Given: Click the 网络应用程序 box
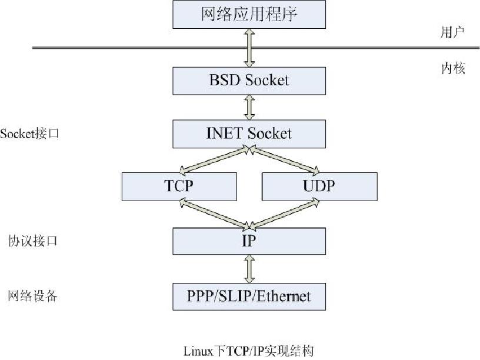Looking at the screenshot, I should tap(249, 14).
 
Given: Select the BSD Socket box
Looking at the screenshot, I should tap(249, 80).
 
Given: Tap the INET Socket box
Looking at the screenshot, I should tap(249, 134).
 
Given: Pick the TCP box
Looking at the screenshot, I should tap(179, 186).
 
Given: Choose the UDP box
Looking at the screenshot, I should tap(318, 186).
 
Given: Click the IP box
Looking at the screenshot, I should tap(249, 241).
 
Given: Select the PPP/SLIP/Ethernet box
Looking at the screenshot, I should tap(249, 295).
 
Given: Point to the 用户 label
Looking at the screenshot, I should tap(452, 32).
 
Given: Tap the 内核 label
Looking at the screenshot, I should tap(454, 69).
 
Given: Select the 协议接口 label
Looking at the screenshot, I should tap(33, 241).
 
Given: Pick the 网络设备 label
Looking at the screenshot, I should tap(33, 296).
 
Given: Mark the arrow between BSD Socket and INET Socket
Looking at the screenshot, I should tap(249, 107).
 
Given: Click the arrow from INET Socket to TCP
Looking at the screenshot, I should tap(215, 160).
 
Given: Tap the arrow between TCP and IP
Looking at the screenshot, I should tap(215, 213).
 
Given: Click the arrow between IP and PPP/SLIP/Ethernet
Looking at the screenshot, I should tap(249, 268).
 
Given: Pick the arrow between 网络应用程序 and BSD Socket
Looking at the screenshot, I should tap(249, 48).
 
